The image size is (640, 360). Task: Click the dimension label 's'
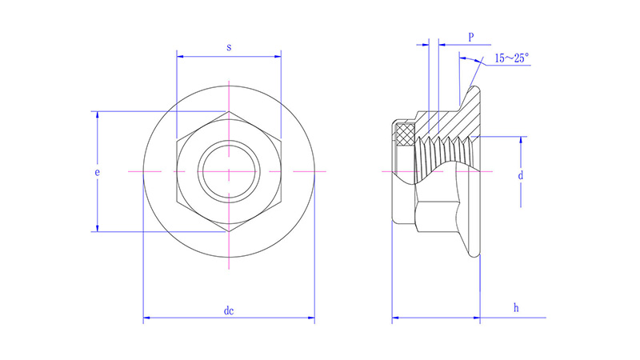tap(229, 47)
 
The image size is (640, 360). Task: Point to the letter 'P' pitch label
tap(472, 37)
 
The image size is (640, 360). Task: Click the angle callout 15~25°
tap(511, 58)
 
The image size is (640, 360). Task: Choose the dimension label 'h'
tap(516, 307)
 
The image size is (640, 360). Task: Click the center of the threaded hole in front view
tap(229, 172)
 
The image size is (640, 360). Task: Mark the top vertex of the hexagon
tap(229, 111)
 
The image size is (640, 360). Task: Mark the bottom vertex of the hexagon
tap(229, 233)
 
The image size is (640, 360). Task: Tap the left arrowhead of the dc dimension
tap(146, 320)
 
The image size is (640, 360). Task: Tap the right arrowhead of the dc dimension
tap(311, 320)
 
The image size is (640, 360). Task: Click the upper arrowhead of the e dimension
tap(98, 115)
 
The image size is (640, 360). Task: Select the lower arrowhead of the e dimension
tap(98, 229)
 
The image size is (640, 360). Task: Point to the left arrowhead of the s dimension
tap(180, 57)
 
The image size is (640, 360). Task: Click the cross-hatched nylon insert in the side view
tap(406, 132)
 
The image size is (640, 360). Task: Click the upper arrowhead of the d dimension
tap(525, 141)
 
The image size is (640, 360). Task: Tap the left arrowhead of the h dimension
tap(395, 320)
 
